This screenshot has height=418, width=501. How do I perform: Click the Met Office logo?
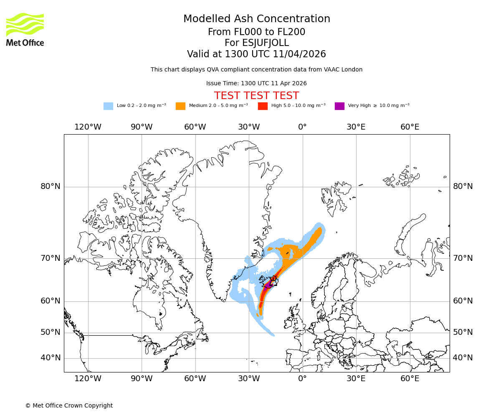25,29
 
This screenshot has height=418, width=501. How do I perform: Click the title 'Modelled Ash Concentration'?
256,19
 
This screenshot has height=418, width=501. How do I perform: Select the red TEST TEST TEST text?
256,96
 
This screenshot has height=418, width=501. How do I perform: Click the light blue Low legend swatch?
108,106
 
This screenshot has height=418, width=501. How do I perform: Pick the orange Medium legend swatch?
180,106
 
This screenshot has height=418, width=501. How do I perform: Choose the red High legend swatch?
263,106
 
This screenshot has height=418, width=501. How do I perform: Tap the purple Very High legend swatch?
339,106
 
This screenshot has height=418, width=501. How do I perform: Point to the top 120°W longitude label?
88,127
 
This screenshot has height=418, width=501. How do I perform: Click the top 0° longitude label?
302,127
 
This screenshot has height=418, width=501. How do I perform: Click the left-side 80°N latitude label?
51,186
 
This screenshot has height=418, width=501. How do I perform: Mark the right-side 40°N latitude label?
463,358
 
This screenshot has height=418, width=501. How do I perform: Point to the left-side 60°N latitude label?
51,301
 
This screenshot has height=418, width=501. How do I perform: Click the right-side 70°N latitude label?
463,258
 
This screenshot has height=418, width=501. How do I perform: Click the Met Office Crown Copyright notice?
69,405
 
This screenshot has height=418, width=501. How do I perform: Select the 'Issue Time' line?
256,84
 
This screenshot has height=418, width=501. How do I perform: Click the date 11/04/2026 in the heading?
299,54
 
